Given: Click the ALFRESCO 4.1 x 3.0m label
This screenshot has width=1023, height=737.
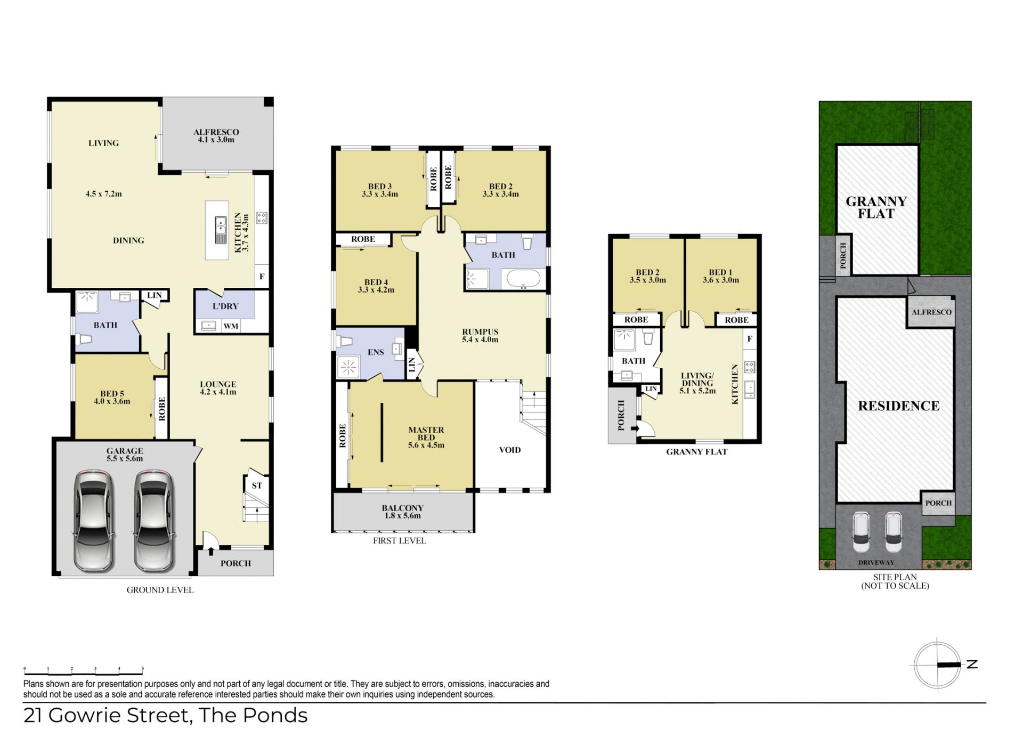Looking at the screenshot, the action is point(216,136).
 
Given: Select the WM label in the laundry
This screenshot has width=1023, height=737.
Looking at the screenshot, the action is point(231,326).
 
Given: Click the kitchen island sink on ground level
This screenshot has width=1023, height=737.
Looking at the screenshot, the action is point(221,230).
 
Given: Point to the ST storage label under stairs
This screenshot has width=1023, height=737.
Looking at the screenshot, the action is point(257,485).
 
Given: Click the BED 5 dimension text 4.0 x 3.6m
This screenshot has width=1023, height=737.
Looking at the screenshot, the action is point(112,401).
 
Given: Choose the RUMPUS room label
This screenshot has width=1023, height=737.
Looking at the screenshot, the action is point(480,331).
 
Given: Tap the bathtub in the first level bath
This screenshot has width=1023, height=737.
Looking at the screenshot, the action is point(523,279).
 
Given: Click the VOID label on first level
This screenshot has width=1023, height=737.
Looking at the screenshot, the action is point(510,450).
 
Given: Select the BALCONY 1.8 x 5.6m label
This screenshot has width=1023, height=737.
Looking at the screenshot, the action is point(403,512).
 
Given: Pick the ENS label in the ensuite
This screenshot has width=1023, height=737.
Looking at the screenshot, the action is point(376,352).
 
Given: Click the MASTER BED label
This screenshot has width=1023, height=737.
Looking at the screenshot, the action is point(426,433).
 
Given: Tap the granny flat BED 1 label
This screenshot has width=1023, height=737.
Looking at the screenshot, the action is point(720,272).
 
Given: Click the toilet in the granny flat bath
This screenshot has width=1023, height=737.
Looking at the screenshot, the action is point(648,337).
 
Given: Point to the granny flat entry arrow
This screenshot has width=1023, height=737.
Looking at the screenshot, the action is point(635,428).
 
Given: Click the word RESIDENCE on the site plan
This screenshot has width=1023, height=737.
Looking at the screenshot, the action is point(899,406).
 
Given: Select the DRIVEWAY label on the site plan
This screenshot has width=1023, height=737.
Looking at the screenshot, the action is point(876,562).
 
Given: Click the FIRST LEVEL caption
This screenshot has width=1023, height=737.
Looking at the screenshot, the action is point(400,540).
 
